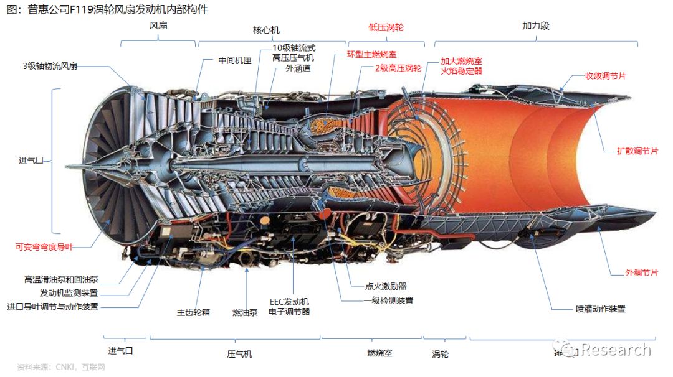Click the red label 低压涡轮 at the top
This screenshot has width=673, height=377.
(x=386, y=28)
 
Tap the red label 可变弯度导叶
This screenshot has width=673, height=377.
(x=44, y=247)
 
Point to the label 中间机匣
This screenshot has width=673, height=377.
(x=234, y=61)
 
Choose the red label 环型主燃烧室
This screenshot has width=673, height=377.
(x=371, y=54)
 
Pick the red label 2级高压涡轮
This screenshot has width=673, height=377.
(x=398, y=68)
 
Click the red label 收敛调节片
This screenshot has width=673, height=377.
(x=605, y=76)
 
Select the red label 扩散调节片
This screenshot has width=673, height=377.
(x=637, y=151)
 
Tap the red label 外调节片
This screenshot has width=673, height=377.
(x=641, y=272)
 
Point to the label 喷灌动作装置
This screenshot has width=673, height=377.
(x=600, y=309)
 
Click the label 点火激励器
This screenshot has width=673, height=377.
(x=385, y=286)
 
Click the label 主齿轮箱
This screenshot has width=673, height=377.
(x=193, y=312)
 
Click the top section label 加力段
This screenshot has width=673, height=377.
(x=535, y=27)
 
